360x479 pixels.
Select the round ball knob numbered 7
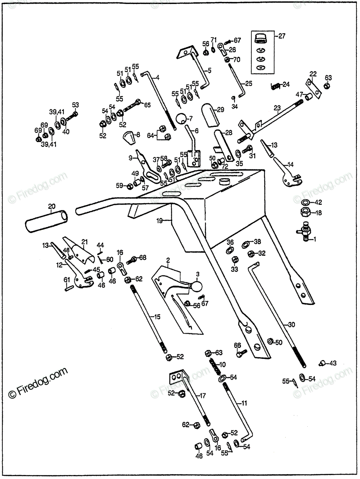pyautogui.click(x=182, y=118)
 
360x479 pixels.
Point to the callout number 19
pyautogui.click(x=160, y=221)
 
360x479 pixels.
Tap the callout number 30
pyautogui.click(x=292, y=325)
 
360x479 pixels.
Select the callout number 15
pyautogui.click(x=157, y=317)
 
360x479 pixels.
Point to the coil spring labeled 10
pyautogui.click(x=216, y=365)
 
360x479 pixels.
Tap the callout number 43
pyautogui.click(x=333, y=363)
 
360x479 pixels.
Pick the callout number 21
pyautogui.click(x=84, y=241)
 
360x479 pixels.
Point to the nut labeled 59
pyautogui.click(x=130, y=186)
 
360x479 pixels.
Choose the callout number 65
pyautogui.click(x=147, y=105)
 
